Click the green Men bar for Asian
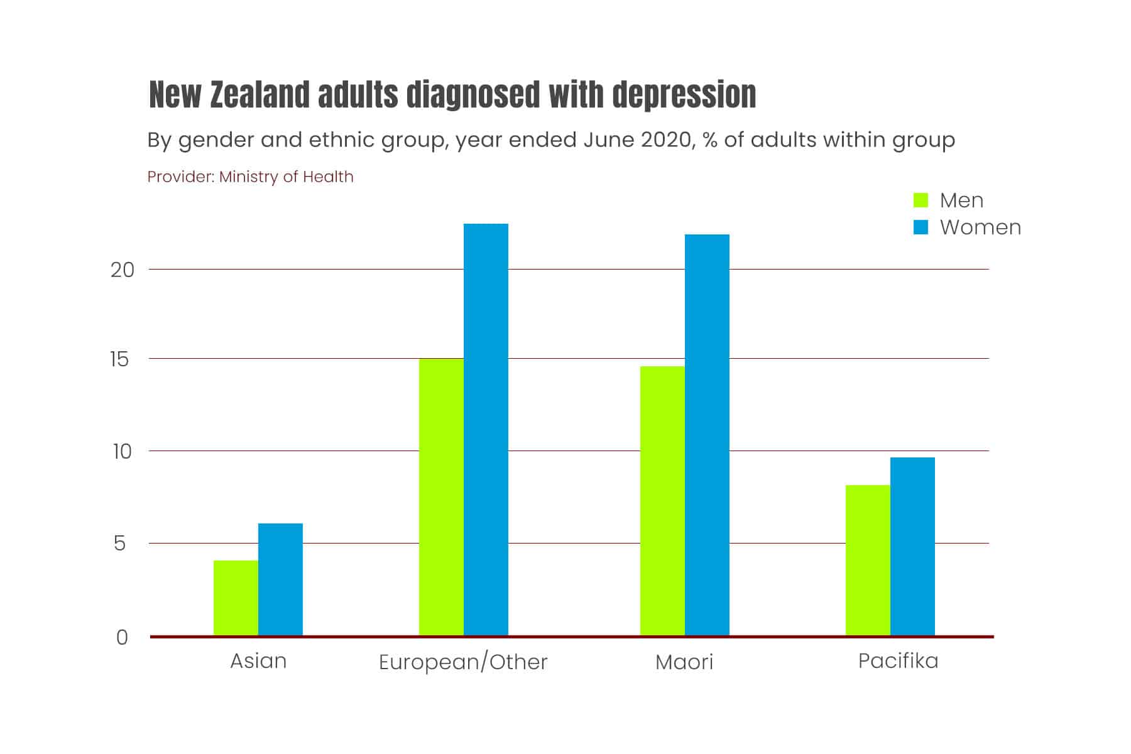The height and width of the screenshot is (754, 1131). pos(236,598)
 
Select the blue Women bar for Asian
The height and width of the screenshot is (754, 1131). pos(280,579)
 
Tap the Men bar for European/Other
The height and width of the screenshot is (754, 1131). pos(441,496)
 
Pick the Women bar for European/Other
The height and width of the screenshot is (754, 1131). pos(486,429)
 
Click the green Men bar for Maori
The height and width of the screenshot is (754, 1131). pos(662,501)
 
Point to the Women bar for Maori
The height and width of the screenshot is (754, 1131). pos(707,435)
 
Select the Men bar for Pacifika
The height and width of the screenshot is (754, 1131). pos(868,560)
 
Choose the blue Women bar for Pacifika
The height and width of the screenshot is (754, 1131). pos(912,546)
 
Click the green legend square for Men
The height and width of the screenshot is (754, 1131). pos(921,200)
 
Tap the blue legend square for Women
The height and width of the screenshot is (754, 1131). pos(921,227)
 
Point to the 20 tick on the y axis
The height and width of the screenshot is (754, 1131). pos(123,270)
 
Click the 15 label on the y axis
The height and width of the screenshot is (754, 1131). pos(119,359)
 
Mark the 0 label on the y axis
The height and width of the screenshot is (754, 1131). pos(122,637)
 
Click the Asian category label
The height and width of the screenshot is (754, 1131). pos(258,661)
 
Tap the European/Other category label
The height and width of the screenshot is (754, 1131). pos(463,662)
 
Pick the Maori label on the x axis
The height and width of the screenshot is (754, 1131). pos(684,662)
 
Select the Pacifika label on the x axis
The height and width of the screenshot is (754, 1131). pos(898,661)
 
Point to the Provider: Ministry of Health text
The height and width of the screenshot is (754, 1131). pos(250,177)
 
